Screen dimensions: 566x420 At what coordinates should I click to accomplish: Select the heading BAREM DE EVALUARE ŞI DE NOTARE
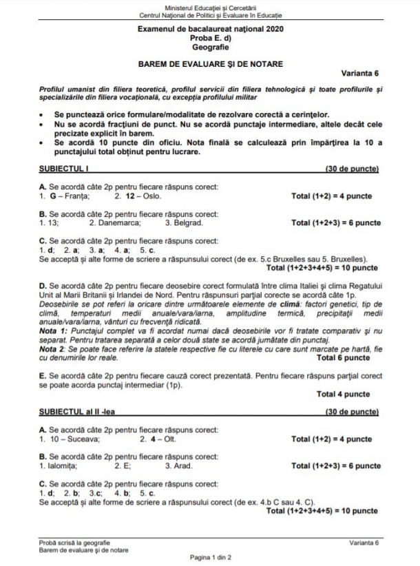coord(210,63)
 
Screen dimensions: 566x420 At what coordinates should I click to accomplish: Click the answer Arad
coord(182,465)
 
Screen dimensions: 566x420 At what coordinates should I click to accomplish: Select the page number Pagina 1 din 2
coord(210,556)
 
